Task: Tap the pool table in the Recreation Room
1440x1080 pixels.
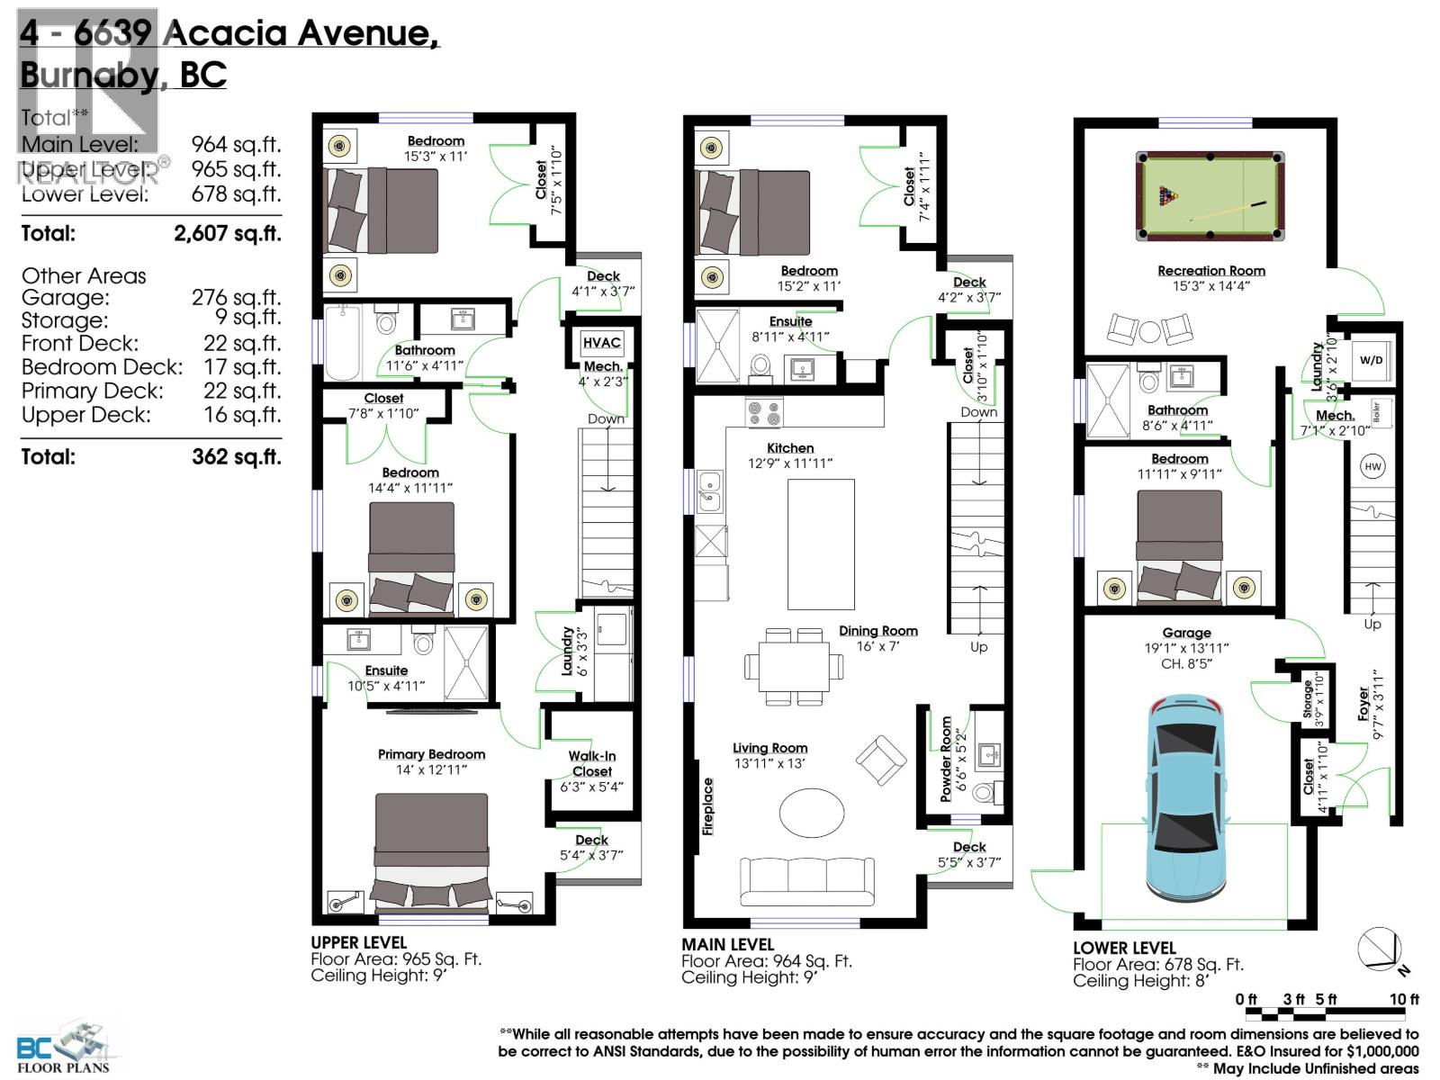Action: [1210, 195]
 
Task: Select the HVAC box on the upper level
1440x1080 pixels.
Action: [601, 343]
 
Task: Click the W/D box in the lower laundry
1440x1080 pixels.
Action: [1371, 361]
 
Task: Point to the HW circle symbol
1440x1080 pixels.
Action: [1372, 466]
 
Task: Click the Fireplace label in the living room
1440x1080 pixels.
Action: [708, 806]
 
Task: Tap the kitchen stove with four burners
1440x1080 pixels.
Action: [764, 413]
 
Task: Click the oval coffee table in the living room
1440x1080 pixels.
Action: [812, 814]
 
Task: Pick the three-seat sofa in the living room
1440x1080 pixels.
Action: [806, 881]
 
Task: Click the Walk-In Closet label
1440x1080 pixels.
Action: [591, 763]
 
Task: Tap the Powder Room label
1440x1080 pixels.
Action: [946, 759]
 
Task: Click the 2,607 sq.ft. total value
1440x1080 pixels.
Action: [227, 234]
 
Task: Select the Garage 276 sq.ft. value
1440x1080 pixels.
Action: [236, 298]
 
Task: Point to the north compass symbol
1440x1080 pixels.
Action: [1381, 950]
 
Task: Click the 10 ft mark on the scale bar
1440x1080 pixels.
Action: [1404, 999]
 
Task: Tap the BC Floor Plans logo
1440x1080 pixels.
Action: [63, 1049]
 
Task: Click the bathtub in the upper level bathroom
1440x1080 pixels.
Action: [343, 342]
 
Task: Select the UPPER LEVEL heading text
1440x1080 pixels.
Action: [358, 942]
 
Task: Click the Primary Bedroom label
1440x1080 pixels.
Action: [431, 754]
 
